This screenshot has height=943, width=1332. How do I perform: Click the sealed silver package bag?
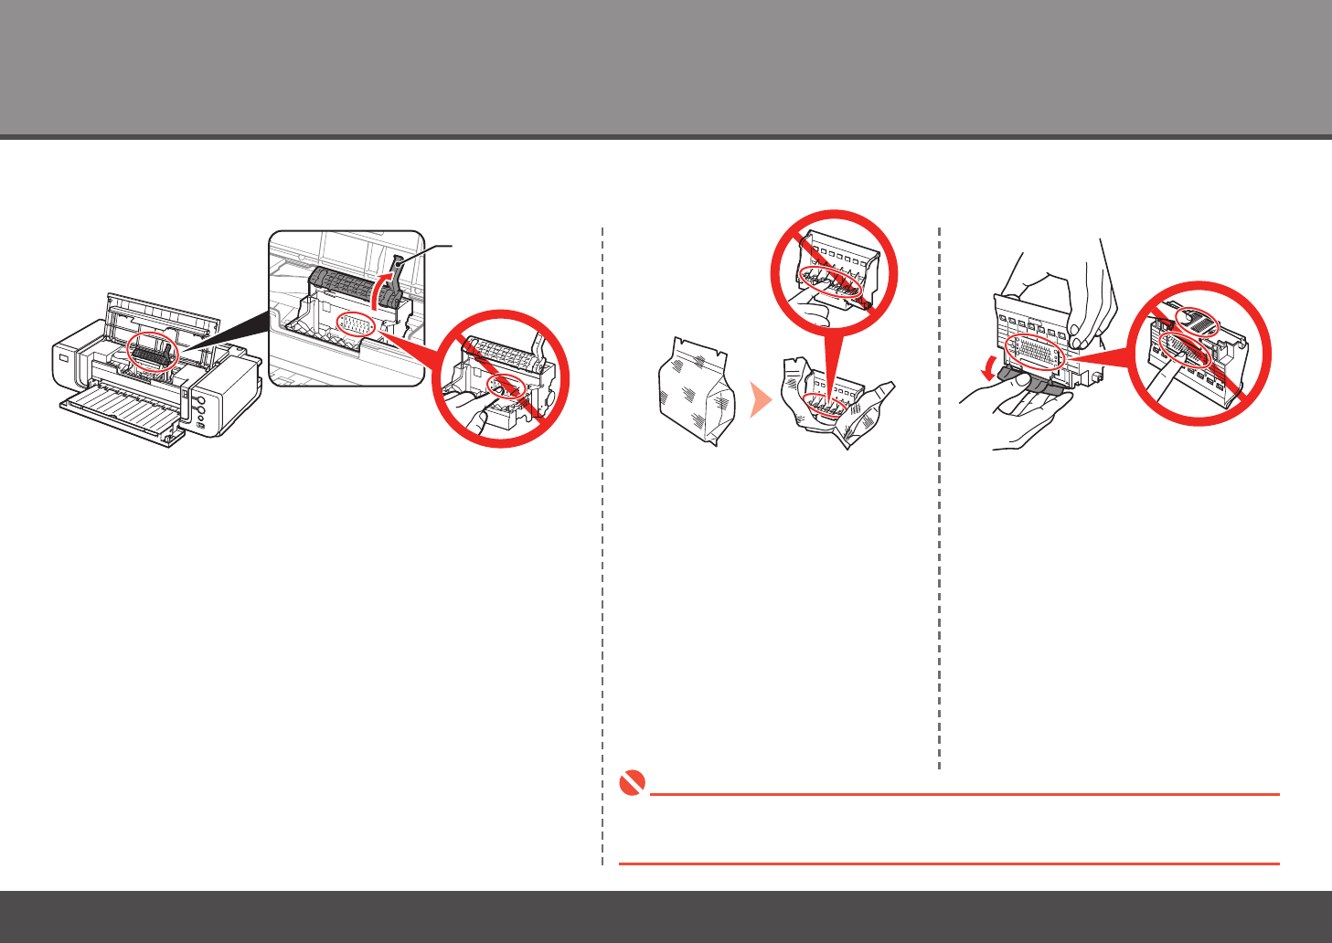[697, 390]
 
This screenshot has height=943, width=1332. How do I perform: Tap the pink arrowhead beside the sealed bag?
[760, 399]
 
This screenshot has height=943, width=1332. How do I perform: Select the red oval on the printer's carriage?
[153, 353]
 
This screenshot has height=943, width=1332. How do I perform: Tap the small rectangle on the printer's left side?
[64, 358]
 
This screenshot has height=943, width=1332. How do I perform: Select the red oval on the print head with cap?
[1035, 350]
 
